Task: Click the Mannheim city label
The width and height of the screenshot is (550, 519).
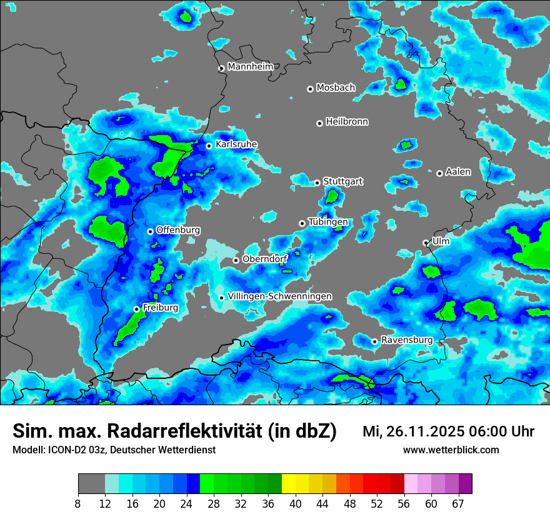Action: (250, 66)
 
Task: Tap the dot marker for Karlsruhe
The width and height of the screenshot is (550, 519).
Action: (209, 146)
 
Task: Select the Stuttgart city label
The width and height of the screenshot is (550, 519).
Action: (342, 181)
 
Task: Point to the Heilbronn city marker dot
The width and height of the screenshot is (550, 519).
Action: (319, 123)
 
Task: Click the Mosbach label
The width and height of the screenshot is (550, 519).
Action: (335, 88)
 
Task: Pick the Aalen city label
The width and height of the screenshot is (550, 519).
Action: (458, 171)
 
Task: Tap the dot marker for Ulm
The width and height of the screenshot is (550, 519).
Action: (426, 243)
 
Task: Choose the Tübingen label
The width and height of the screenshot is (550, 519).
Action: (328, 222)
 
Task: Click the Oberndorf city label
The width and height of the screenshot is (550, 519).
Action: (265, 259)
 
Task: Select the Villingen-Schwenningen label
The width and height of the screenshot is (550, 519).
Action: (280, 296)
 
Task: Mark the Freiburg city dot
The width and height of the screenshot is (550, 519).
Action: (136, 309)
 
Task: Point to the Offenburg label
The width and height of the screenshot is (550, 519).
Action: (178, 230)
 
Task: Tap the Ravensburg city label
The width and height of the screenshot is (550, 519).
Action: (407, 340)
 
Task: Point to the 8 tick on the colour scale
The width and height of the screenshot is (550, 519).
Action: (78, 503)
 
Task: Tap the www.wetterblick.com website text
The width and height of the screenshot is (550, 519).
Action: (451, 450)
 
